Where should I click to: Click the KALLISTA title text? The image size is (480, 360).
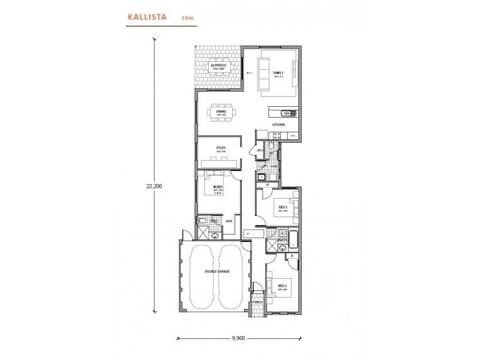(147, 18)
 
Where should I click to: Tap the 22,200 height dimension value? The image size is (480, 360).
(154, 186)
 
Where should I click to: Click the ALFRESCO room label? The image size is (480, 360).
(217, 65)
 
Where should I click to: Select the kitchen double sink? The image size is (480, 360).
(286, 113)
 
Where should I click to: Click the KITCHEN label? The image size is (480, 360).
(278, 124)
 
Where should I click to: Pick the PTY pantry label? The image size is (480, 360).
(293, 137)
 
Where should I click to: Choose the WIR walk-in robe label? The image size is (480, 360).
(229, 221)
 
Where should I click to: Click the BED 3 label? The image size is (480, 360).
(282, 207)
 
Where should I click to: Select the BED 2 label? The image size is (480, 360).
(282, 280)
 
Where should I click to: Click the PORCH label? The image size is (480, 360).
(258, 302)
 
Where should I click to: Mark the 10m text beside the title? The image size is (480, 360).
(187, 19)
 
